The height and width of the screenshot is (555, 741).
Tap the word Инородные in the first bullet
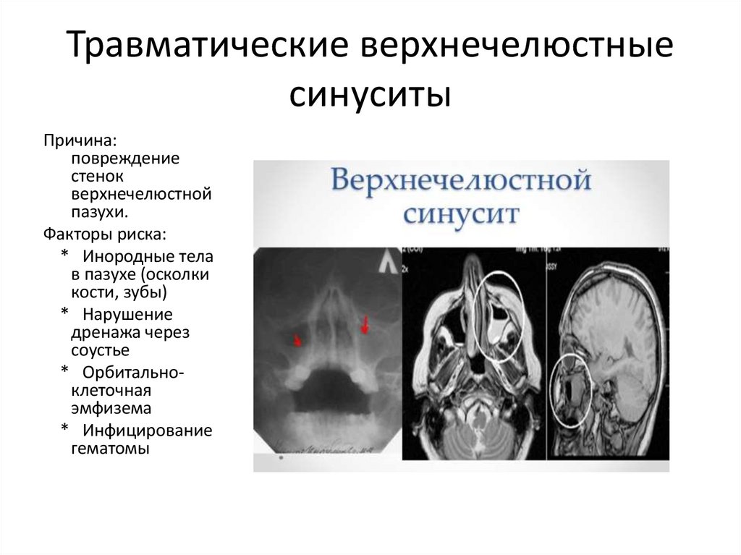coord(127,257)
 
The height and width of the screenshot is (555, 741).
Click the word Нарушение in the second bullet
coord(127,315)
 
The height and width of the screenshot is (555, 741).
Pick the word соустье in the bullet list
coord(100,351)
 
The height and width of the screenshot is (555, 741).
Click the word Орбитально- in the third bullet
coord(133,373)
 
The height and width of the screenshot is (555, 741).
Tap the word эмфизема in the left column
coord(111,410)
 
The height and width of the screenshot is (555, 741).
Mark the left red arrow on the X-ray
coord(297,339)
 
